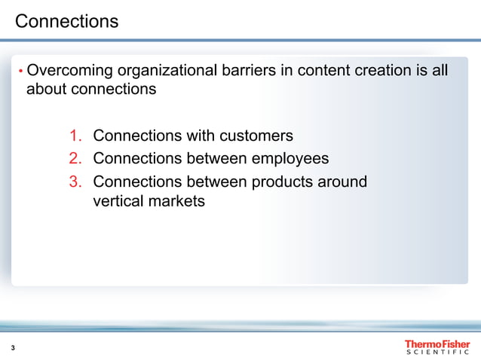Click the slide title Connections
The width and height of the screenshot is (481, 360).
click(x=67, y=21)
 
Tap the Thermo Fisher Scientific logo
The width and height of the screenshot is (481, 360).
click(x=437, y=346)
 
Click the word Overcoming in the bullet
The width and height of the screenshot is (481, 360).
click(x=69, y=71)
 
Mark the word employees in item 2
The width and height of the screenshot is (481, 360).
click(x=290, y=159)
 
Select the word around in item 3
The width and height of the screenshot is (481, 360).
click(x=344, y=182)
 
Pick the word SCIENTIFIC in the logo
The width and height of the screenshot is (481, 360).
click(x=437, y=352)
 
